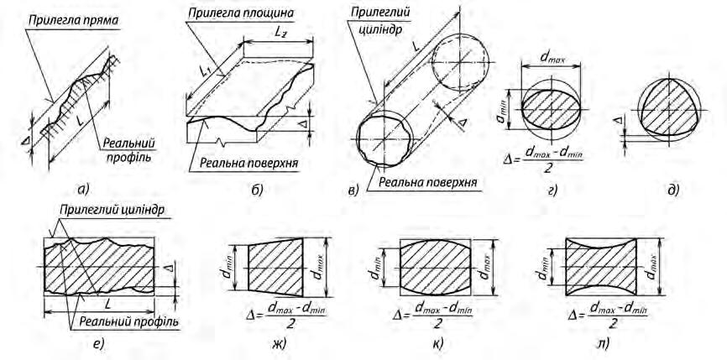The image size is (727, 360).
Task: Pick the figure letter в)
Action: coord(353,190)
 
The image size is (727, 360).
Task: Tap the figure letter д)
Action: coord(672,190)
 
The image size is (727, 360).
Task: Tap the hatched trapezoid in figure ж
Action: coord(275,263)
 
